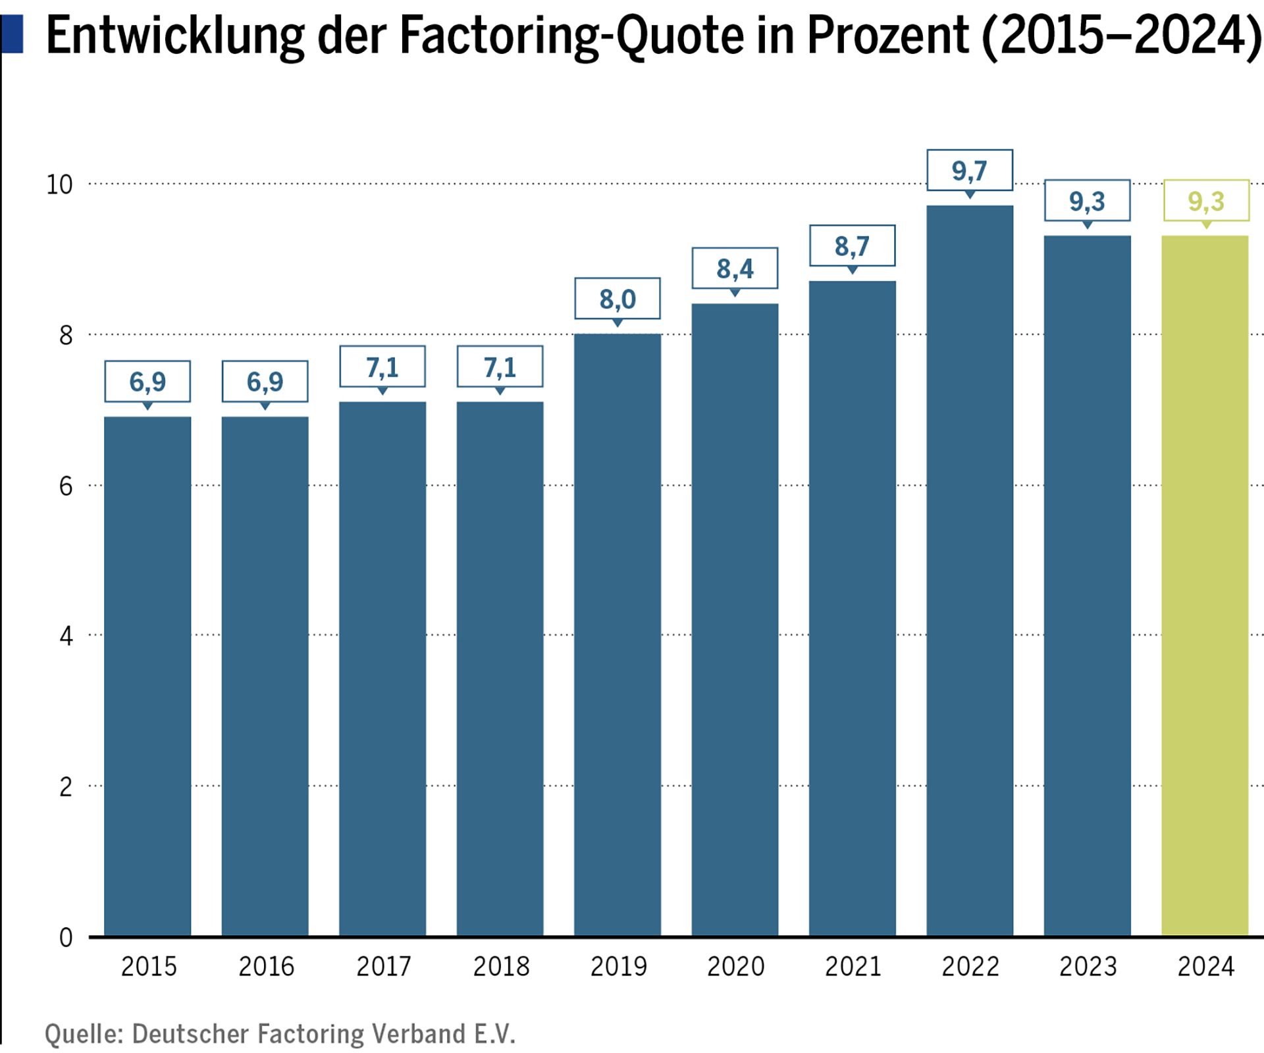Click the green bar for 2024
click(1205, 586)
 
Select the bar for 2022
click(970, 571)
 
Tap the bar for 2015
click(147, 676)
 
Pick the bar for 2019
click(618, 634)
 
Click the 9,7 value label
click(970, 170)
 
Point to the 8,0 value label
click(618, 299)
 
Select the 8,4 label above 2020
click(735, 269)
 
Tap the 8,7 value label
click(852, 246)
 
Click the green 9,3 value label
click(1206, 201)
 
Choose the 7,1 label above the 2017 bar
click(382, 367)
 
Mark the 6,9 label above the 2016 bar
click(265, 382)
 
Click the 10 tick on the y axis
click(59, 185)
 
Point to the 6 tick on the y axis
click(66, 486)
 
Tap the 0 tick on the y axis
click(66, 937)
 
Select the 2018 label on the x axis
click(501, 966)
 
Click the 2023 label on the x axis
click(1088, 966)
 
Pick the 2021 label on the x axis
click(853, 966)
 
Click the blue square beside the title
click(12, 34)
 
